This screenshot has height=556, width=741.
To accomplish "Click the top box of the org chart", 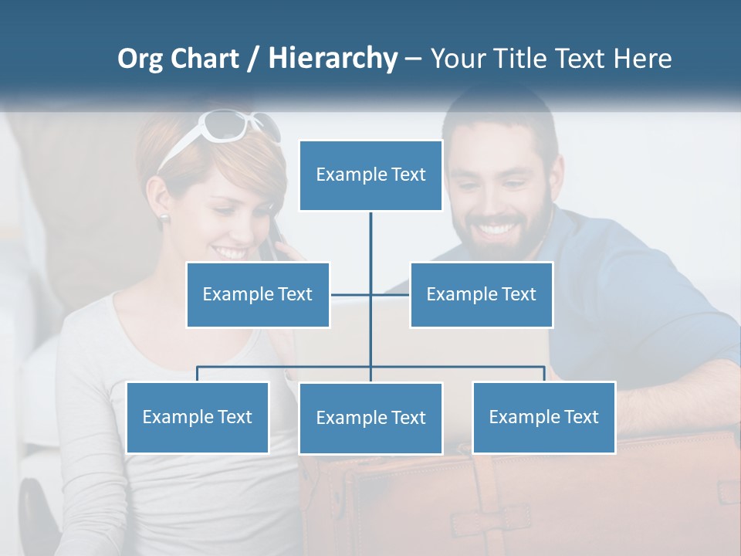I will (x=370, y=175).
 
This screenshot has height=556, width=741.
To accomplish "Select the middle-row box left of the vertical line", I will (x=258, y=294).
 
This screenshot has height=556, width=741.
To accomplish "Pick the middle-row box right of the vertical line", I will (x=481, y=294).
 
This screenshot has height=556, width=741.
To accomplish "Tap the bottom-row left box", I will (x=198, y=417).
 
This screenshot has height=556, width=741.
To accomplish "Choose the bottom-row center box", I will (x=370, y=418).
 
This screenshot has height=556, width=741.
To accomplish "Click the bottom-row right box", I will (x=543, y=417).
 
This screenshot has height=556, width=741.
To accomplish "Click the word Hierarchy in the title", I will (x=333, y=59).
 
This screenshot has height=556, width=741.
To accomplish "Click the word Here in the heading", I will (x=642, y=59).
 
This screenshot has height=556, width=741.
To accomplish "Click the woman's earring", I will (x=165, y=217).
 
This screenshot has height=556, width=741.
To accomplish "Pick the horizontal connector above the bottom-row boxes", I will (x=463, y=367).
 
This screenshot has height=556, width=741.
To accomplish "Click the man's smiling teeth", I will (x=497, y=229).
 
